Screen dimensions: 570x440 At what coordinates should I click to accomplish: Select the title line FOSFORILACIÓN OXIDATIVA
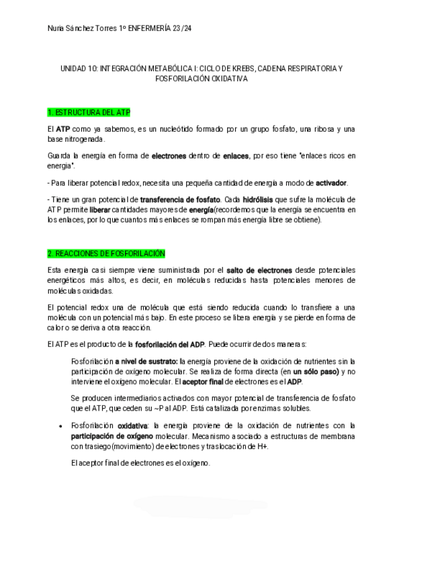coord(201,79)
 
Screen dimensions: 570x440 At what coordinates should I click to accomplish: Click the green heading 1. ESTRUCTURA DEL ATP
coord(89,112)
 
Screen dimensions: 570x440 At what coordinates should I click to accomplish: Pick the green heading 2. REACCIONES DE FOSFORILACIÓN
coord(106,253)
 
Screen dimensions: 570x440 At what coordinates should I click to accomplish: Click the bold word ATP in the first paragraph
coord(62,128)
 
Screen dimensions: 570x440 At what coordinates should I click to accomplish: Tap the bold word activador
coord(331,183)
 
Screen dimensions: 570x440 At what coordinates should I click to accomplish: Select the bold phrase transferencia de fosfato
coord(180,200)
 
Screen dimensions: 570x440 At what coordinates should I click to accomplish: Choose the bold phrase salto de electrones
coord(259,270)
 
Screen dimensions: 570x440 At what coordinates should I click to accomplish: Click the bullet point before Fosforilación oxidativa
coord(60,426)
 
